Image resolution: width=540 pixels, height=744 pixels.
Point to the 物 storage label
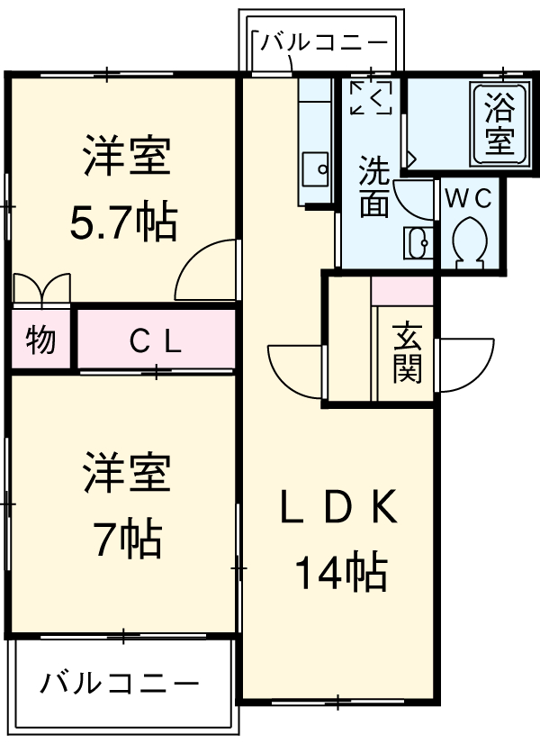(40, 340)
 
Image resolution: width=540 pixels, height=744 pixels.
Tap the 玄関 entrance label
(406, 351)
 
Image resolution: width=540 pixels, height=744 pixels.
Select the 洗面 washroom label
(374, 187)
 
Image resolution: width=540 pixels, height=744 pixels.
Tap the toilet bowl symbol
(470, 241)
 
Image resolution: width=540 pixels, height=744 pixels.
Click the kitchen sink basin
(315, 168)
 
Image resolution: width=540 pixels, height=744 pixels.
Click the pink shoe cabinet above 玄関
(402, 292)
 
